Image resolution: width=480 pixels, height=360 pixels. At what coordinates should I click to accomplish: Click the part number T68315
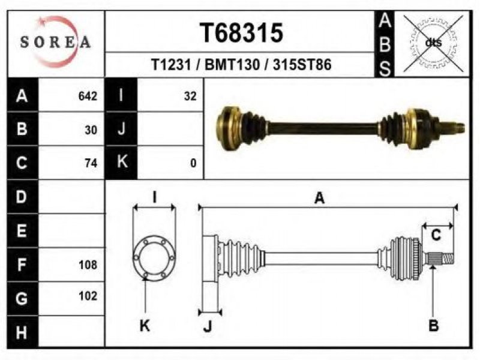[x=242, y=33]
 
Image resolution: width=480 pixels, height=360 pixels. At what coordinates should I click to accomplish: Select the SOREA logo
[x=55, y=41]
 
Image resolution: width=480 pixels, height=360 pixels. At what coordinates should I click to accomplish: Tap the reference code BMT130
[x=232, y=65]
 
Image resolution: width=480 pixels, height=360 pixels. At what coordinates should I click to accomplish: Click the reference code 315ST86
[x=302, y=65]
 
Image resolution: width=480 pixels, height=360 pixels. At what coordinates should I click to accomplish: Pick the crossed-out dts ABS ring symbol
[x=433, y=43]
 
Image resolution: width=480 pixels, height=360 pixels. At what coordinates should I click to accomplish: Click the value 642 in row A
[x=88, y=96]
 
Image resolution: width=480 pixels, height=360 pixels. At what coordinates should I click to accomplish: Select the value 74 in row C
[x=91, y=163]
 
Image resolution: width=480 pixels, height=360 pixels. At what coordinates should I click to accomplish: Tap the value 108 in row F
[x=88, y=265]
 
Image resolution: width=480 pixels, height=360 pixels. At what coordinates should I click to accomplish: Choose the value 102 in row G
[x=88, y=296]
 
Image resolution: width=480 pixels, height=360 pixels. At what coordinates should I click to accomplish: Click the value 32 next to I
[x=190, y=96]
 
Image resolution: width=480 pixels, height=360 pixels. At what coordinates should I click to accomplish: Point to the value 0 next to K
[x=193, y=163]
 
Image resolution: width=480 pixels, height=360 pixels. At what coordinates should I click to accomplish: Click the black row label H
[x=22, y=332]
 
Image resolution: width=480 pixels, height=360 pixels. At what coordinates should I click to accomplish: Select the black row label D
[x=22, y=197]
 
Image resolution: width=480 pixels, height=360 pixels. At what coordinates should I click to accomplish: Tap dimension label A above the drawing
[x=319, y=198]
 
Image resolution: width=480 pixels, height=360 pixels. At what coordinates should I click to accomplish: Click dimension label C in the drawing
[x=436, y=235]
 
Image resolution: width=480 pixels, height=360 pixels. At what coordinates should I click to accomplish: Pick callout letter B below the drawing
[x=433, y=325]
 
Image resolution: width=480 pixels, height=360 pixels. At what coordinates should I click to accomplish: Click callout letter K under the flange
[x=145, y=325]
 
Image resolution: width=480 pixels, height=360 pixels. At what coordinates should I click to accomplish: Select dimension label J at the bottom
[x=208, y=326]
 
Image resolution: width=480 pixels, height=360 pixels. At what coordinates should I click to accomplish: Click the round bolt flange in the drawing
[x=154, y=258]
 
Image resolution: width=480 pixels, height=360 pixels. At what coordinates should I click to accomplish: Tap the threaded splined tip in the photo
[x=453, y=128]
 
